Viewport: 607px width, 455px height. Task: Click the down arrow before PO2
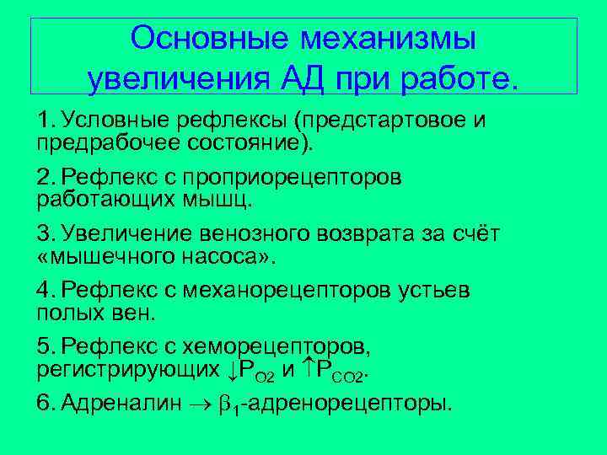[x=234, y=367]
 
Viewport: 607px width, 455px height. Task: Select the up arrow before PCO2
[x=309, y=367]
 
